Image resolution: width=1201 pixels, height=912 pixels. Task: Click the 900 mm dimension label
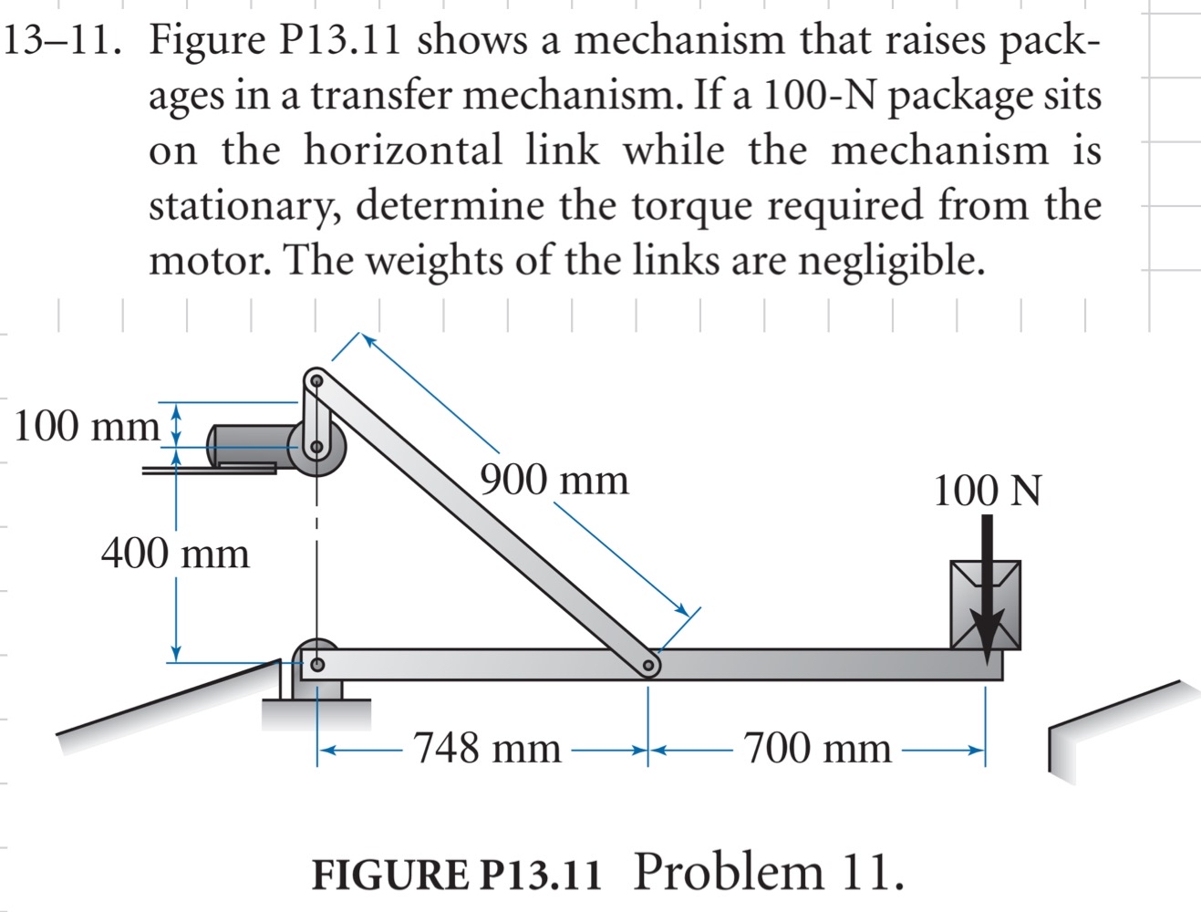tap(554, 480)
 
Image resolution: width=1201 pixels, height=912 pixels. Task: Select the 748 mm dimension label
tap(488, 749)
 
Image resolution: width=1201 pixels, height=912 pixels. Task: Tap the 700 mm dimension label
tap(817, 749)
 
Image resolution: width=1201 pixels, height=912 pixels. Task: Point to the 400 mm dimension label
tap(174, 553)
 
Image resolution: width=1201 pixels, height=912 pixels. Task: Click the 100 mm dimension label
tap(87, 426)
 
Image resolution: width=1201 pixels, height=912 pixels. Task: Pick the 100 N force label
tap(987, 491)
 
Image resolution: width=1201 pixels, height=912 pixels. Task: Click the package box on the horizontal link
tap(985, 605)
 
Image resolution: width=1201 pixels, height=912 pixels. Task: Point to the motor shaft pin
tap(316, 448)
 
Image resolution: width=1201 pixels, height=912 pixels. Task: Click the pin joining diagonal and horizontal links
tap(647, 667)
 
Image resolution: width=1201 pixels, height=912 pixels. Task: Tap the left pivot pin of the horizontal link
tap(316, 665)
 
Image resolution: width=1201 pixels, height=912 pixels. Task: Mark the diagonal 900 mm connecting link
tap(483, 520)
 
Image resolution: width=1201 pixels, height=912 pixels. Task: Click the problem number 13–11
tap(63, 41)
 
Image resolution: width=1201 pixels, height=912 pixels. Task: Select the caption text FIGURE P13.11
tap(457, 874)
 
